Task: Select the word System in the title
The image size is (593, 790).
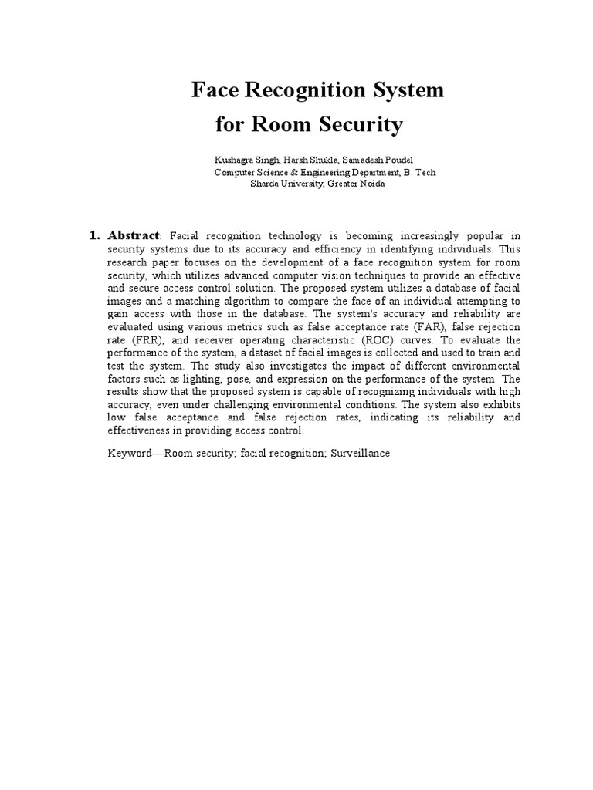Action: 408,90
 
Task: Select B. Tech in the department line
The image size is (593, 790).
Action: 418,172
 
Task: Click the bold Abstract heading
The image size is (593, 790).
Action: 134,235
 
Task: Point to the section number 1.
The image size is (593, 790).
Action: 96,235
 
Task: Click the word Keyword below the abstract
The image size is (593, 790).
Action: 130,453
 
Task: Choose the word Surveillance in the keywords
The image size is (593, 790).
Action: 360,453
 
